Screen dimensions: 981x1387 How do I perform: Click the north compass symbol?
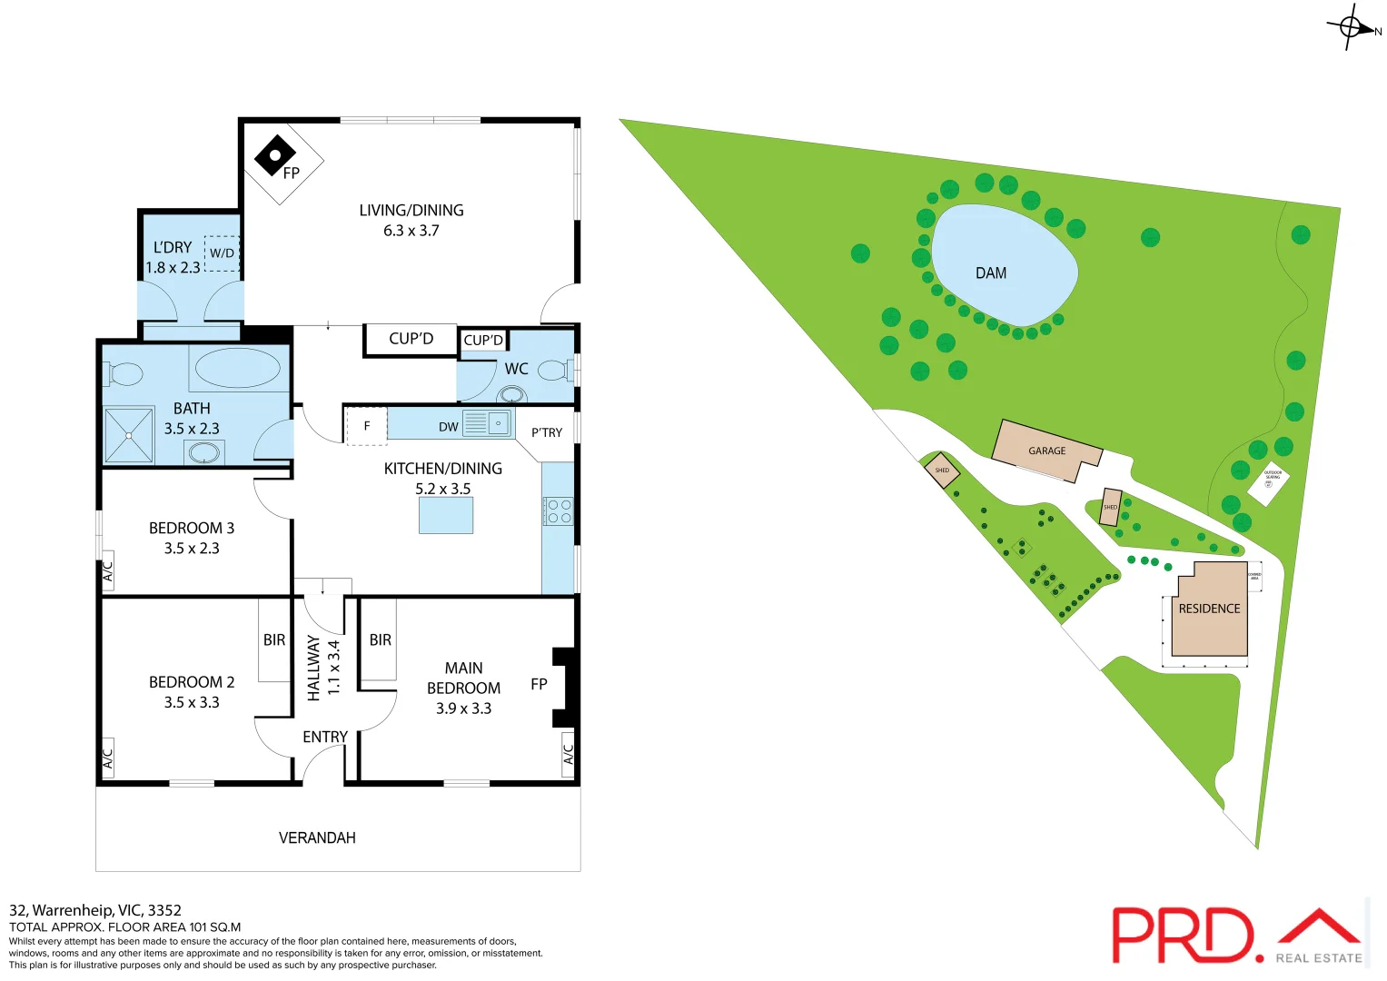[1351, 27]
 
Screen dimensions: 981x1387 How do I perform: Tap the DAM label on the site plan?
[991, 273]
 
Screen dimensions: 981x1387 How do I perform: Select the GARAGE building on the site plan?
[1046, 451]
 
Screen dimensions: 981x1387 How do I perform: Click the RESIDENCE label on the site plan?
[1209, 609]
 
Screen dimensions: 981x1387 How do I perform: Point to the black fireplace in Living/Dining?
[274, 156]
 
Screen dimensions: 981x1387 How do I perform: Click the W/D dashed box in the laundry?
[223, 253]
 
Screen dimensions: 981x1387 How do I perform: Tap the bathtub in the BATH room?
[237, 369]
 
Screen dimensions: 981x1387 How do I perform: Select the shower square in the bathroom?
[129, 435]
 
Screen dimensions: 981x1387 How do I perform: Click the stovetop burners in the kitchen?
[559, 511]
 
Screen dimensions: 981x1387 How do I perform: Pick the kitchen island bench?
[446, 515]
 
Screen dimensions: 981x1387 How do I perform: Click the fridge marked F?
[367, 426]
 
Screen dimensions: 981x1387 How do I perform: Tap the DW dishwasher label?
[449, 427]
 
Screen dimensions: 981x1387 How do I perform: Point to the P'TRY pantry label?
[547, 432]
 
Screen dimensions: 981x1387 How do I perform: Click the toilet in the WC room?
[553, 371]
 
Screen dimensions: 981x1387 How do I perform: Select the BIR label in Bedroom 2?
[274, 640]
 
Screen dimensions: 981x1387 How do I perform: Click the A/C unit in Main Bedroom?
[569, 754]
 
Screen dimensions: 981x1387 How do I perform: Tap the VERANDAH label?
[317, 837]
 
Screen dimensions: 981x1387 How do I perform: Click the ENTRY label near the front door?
[325, 737]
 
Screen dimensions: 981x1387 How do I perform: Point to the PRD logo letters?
[1182, 936]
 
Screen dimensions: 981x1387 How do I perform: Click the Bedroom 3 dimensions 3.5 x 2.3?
[192, 549]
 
